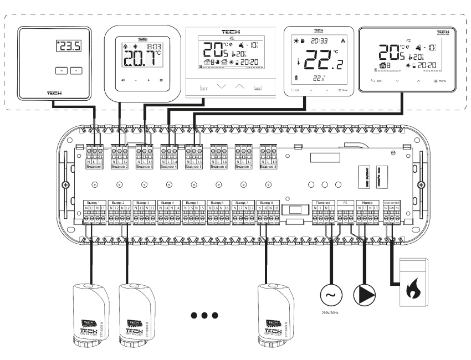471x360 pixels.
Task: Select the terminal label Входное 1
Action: click(95, 166)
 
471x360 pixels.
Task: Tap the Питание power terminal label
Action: click(323, 203)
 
